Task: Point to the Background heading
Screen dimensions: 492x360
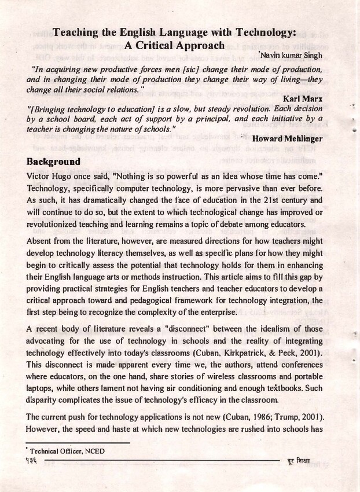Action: (57, 160)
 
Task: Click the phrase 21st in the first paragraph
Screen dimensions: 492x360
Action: (281, 198)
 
